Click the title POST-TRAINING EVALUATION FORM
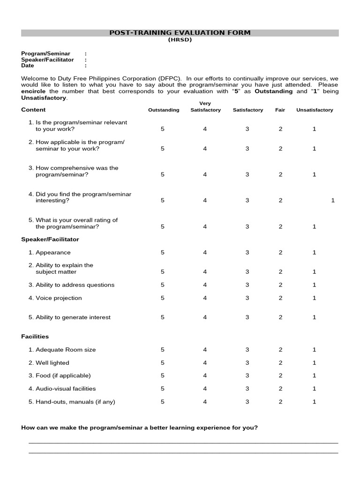click(x=180, y=33)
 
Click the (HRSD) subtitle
click(x=180, y=40)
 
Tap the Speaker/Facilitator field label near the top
click(x=47, y=60)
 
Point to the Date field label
click(x=28, y=66)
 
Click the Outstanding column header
click(x=164, y=110)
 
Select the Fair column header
click(x=280, y=110)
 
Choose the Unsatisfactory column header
click(x=315, y=110)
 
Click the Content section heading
click(x=33, y=110)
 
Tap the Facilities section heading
click(x=35, y=337)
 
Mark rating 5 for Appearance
click(x=163, y=252)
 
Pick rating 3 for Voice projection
click(x=247, y=298)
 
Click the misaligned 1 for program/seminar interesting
click(x=333, y=201)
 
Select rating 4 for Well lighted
click(x=205, y=363)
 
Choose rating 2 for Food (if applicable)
click(x=280, y=375)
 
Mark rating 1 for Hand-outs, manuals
click(x=315, y=402)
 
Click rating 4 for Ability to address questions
click(x=205, y=285)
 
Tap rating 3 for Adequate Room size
click(x=247, y=350)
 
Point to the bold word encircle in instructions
click(x=34, y=91)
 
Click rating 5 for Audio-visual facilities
click(x=163, y=389)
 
